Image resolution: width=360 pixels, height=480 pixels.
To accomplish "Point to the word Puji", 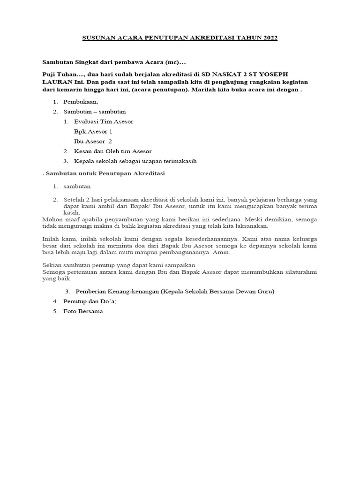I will [x=50, y=75].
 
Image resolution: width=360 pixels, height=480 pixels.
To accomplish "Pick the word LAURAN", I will [x=56, y=82].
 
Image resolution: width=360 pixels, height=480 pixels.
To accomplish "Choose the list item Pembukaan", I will [x=79, y=102].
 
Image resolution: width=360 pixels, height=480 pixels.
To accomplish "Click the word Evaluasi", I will [x=87, y=121].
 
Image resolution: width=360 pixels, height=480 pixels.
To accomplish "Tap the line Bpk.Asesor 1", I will [x=93, y=131].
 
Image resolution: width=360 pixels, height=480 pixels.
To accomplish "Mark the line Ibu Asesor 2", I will [x=93, y=141].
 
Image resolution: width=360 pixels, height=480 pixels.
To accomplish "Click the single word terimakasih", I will [x=177, y=161].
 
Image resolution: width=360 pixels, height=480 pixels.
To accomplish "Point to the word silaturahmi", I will [x=298, y=272].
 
